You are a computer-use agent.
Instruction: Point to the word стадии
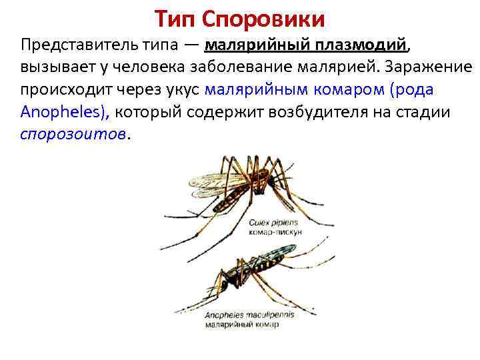coord(427,113)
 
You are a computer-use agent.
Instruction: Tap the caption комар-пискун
coord(275,231)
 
